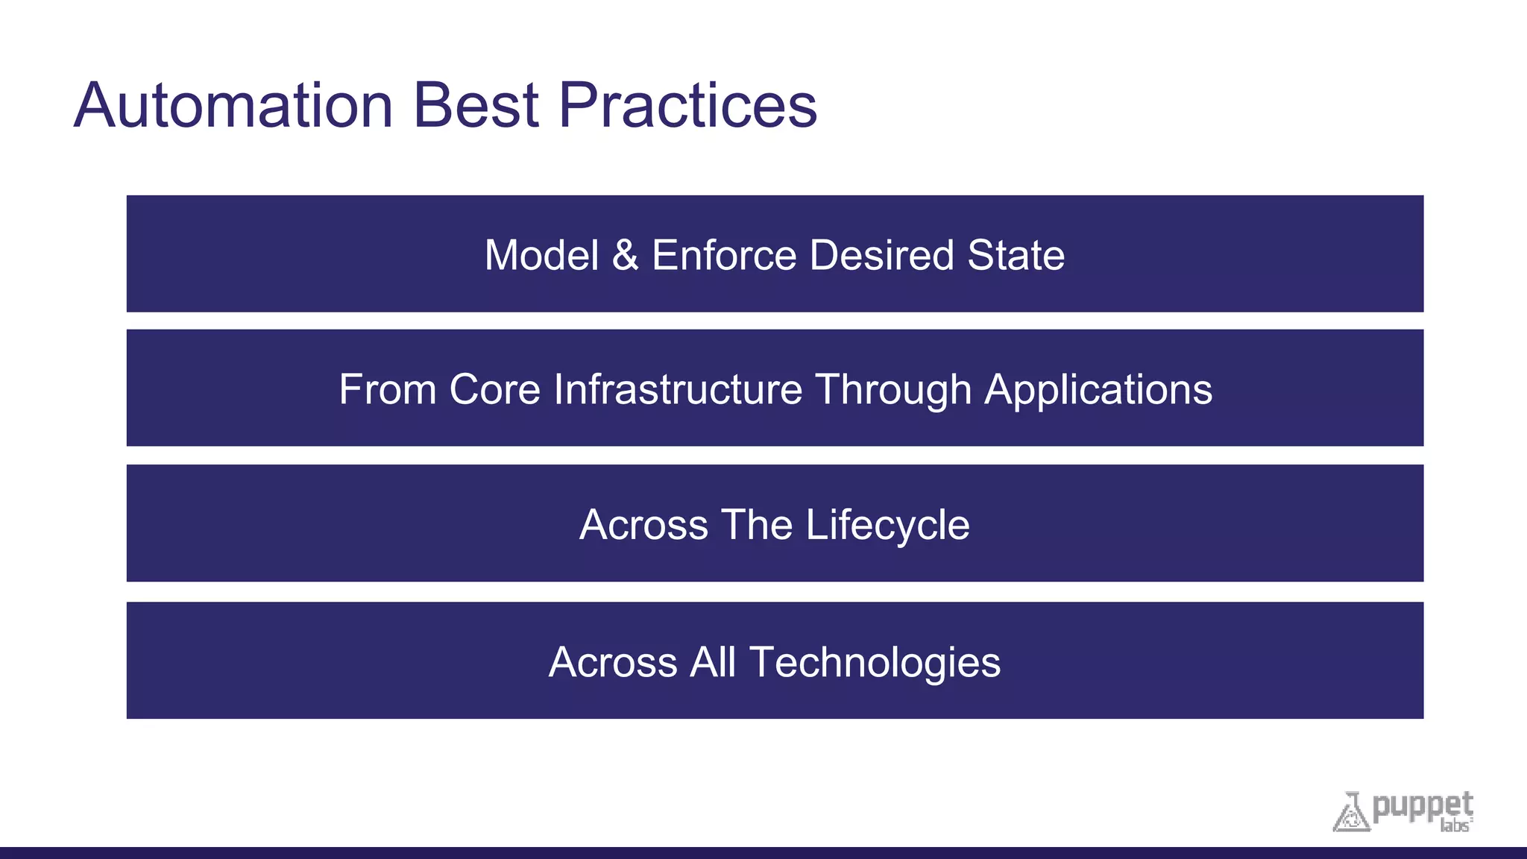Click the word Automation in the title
point(233,106)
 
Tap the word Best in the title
point(476,106)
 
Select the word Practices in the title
point(687,106)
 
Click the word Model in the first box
point(541,255)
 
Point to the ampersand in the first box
point(625,255)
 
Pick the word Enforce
point(724,255)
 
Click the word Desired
point(881,255)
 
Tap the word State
point(1016,255)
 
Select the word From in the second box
point(387,389)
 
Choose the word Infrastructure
point(677,389)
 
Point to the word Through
point(893,391)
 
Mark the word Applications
point(1098,391)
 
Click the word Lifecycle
point(887,526)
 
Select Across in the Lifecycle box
point(643,524)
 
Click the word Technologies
point(875,663)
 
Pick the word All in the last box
point(713,661)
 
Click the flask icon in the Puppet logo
point(1351,813)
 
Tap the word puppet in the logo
point(1423,806)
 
